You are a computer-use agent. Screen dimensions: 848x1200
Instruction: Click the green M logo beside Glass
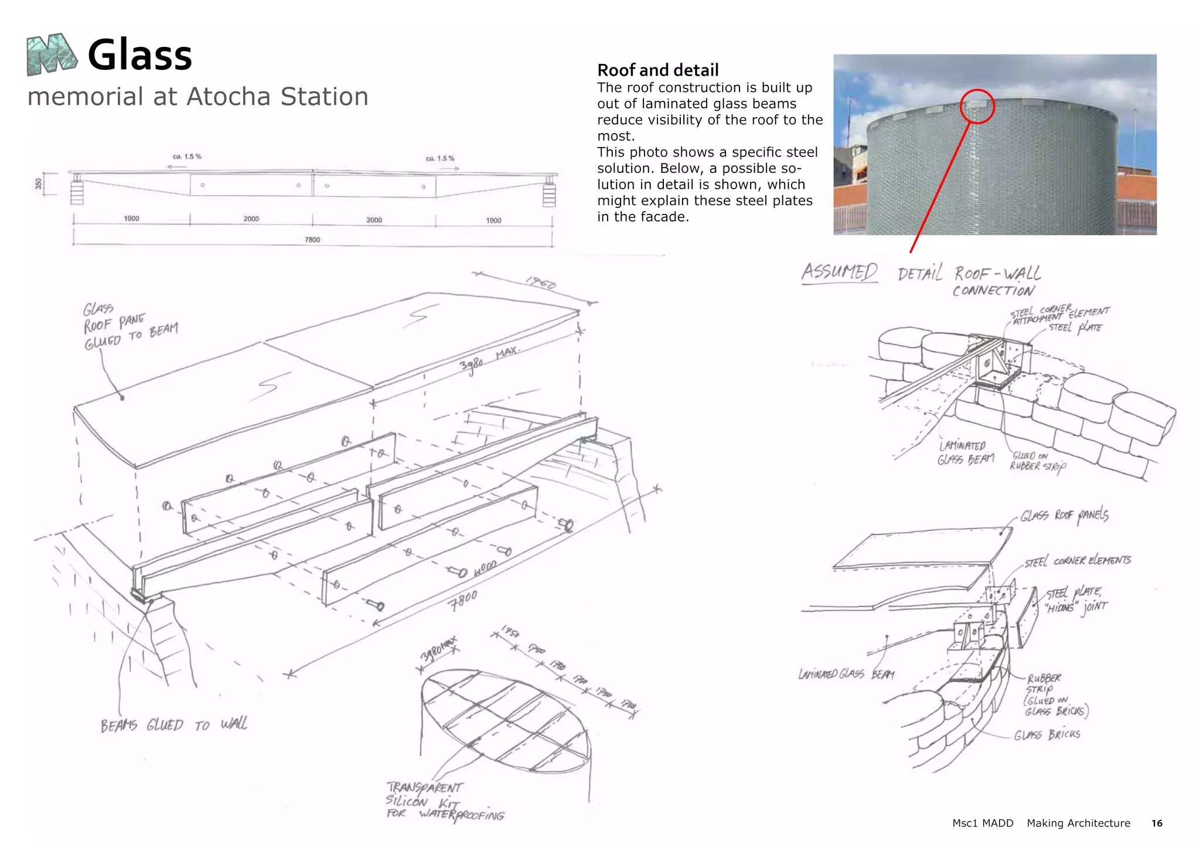click(x=52, y=55)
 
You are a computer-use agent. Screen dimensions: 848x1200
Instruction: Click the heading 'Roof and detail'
click(x=657, y=70)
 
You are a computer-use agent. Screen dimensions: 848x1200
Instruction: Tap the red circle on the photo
click(x=977, y=106)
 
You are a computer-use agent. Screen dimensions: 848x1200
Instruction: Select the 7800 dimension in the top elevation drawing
click(x=312, y=240)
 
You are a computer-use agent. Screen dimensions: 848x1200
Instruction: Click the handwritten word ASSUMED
click(x=839, y=272)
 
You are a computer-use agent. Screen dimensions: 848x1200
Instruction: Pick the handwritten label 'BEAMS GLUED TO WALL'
click(x=173, y=726)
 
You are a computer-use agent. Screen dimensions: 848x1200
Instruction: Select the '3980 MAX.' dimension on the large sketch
click(x=488, y=358)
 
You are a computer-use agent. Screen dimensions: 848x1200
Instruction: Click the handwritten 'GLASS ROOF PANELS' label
click(x=1064, y=515)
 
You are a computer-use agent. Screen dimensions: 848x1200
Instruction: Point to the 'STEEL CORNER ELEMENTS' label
click(x=1078, y=561)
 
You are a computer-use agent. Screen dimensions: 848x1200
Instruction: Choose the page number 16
click(x=1156, y=823)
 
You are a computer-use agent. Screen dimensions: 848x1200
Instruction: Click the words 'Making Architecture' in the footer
click(x=1078, y=823)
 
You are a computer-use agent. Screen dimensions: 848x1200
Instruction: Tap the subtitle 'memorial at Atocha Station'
click(x=198, y=97)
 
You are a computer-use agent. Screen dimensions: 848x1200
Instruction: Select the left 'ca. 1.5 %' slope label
click(x=186, y=156)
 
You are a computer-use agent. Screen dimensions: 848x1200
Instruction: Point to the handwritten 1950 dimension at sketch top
click(x=540, y=283)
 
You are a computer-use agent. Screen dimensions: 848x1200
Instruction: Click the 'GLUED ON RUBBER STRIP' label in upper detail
click(x=1037, y=461)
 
